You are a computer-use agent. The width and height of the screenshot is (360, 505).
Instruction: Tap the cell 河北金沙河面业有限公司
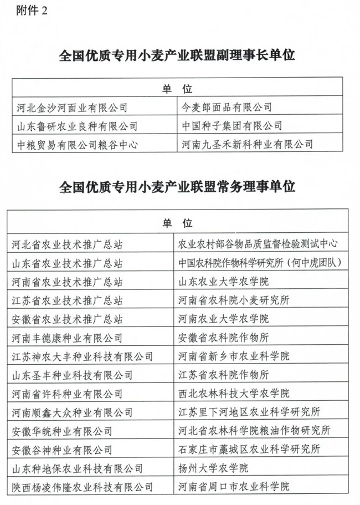[73, 107]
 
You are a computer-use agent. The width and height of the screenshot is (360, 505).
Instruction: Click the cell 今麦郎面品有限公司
[227, 107]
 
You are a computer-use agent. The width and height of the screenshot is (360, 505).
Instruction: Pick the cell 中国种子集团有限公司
[232, 126]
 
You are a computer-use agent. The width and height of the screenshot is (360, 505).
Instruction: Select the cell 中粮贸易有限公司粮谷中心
[77, 145]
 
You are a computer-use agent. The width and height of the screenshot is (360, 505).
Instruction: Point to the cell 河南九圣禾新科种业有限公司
[248, 145]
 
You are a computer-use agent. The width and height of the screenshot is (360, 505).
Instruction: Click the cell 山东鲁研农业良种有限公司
[77, 126]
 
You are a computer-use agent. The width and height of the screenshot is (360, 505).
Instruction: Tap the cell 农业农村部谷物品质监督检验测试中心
[256, 244]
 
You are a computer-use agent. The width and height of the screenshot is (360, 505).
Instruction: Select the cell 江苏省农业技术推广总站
[67, 300]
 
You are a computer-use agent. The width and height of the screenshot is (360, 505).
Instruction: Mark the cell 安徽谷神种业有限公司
[62, 450]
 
